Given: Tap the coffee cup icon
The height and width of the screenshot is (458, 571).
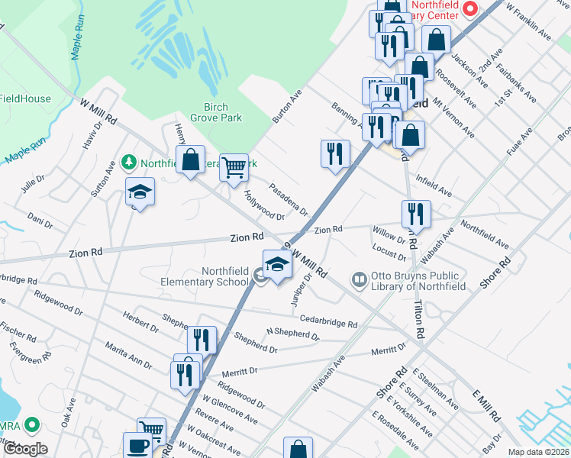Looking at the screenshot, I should pos(138,446).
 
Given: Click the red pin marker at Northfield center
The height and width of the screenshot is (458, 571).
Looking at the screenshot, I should pos(470,9).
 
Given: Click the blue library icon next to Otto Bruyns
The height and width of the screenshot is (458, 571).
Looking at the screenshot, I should pos(359,280).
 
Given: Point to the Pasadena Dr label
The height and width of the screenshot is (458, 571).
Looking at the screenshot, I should pos(289,198).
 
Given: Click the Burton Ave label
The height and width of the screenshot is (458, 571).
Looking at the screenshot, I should pos(288,107).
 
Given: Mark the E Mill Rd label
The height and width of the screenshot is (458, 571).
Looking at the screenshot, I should pos(486,405).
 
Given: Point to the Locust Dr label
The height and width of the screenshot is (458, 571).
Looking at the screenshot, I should pos(389,252).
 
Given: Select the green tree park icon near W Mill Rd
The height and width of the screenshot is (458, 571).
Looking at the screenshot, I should pos(128,163).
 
